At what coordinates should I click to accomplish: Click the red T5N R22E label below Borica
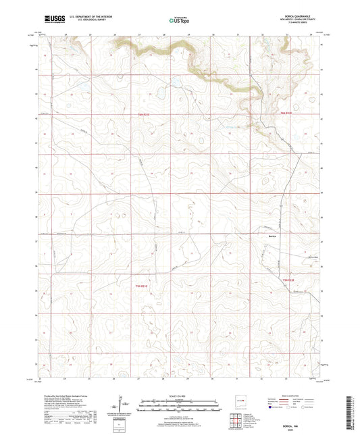click(288, 280)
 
